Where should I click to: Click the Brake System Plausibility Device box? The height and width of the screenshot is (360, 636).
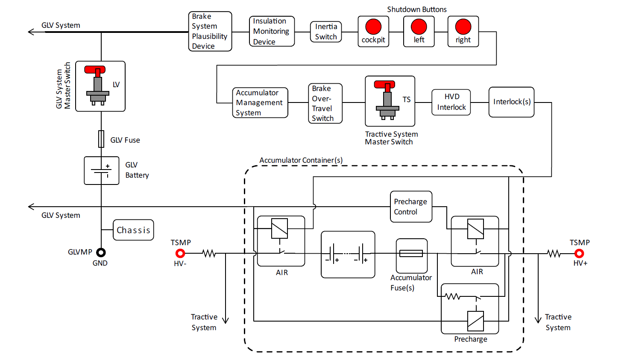pos(210,31)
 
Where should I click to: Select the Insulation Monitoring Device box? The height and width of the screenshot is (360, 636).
pos(272,31)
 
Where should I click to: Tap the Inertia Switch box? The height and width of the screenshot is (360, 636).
pos(326,32)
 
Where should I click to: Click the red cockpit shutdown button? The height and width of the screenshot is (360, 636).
pos(373,26)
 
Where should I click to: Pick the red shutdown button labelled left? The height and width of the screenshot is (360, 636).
pos(419,26)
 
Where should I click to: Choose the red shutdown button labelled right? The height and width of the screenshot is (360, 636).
pos(463,26)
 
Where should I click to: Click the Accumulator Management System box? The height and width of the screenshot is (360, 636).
pos(260,102)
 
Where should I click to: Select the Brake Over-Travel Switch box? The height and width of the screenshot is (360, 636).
pos(325,103)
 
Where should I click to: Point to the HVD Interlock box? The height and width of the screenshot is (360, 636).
pos(451,102)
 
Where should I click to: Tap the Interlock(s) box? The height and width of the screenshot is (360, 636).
pos(511,102)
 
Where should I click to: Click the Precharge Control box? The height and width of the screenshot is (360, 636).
pos(411,207)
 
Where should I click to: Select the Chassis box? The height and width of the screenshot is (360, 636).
pos(133,230)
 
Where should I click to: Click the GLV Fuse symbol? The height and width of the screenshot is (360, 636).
pos(101,139)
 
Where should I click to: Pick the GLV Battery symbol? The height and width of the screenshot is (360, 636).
pos(102,170)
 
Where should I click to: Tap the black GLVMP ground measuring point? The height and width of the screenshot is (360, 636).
pos(101,252)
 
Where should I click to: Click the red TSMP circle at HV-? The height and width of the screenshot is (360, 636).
pos(180,254)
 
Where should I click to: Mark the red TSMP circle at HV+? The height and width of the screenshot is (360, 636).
pos(579,254)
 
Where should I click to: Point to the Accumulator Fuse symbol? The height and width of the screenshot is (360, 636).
pos(411,254)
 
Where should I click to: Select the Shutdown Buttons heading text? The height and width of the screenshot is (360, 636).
pos(416,9)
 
